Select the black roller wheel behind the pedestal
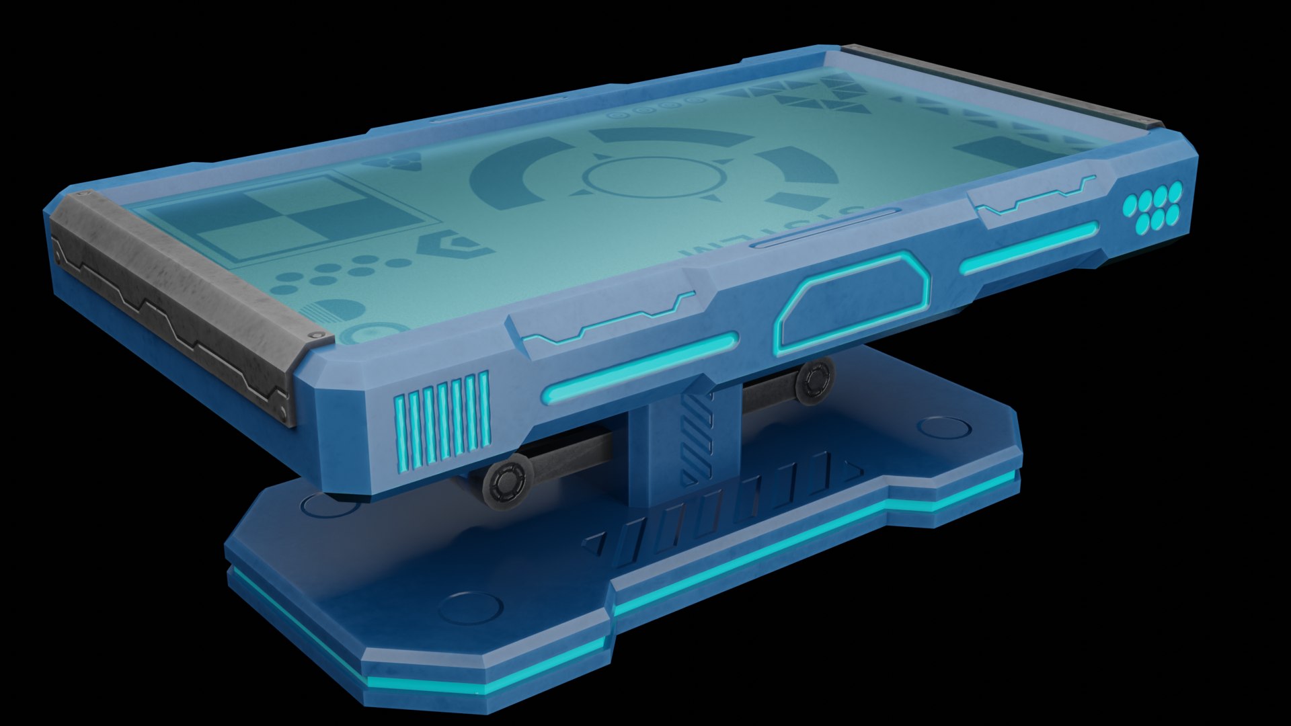tap(814, 380)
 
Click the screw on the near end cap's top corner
tap(312, 335)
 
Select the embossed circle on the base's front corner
tap(471, 608)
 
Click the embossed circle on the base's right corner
tap(941, 428)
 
